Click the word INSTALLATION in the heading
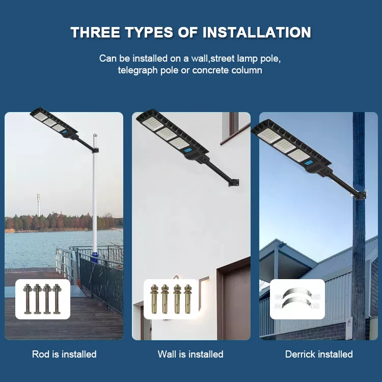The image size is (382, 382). click(257, 33)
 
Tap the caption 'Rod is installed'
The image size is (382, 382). click(64, 354)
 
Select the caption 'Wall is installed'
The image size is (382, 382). click(190, 354)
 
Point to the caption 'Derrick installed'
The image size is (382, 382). click(319, 354)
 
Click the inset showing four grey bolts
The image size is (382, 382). click(43, 299)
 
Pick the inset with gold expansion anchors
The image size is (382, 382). click(171, 299)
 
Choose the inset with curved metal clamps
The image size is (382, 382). click(297, 299)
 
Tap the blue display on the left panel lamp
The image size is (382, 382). click(65, 133)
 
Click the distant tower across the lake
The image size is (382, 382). click(38, 204)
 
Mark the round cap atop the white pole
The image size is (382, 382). click(94, 136)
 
